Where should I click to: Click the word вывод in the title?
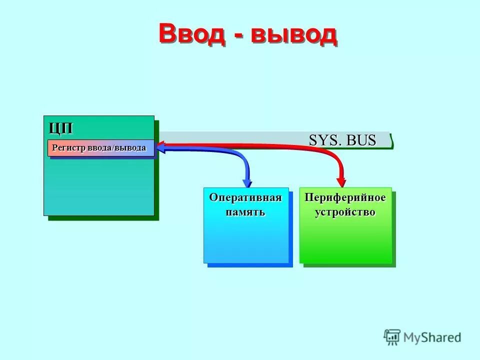pyautogui.click(x=293, y=34)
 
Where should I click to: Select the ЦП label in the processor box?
pyautogui.click(x=61, y=128)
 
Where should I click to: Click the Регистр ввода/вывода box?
pyautogui.click(x=100, y=148)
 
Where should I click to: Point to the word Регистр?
pyautogui.click(x=69, y=148)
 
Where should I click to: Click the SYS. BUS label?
pyautogui.click(x=342, y=140)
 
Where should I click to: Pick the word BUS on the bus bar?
pyautogui.click(x=361, y=140)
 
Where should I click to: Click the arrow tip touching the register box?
pyautogui.click(x=160, y=146)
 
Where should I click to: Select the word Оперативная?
pyautogui.click(x=245, y=197)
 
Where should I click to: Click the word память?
pyautogui.click(x=245, y=212)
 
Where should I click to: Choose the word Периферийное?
pyautogui.click(x=345, y=197)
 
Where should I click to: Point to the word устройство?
pyautogui.click(x=345, y=212)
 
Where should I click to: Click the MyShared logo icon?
pyautogui.click(x=392, y=337)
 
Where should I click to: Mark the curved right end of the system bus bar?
pyautogui.click(x=391, y=141)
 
